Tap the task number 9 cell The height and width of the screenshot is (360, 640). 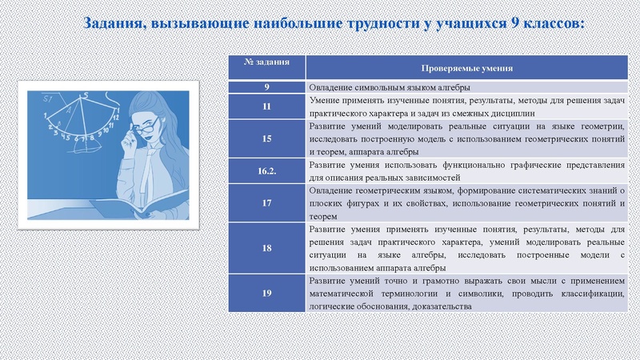(266, 86)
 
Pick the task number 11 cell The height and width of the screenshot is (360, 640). (266, 106)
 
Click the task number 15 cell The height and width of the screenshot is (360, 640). (266, 138)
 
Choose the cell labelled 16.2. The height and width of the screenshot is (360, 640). (266, 170)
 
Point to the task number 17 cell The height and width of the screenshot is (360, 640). (266, 202)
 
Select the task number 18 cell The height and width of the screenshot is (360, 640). (266, 248)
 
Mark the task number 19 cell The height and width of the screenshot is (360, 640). (266, 293)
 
